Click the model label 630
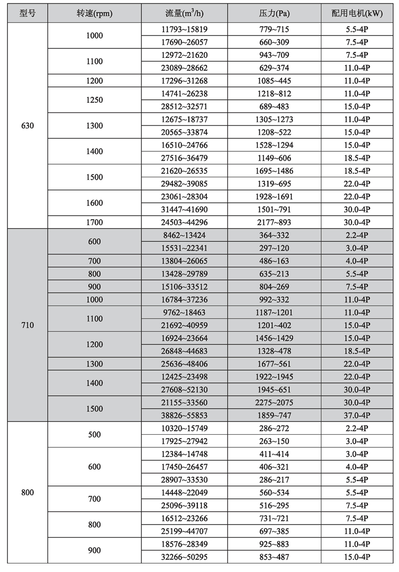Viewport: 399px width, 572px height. coord(28,126)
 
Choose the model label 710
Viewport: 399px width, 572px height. coord(28,325)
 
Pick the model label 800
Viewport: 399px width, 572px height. coord(28,493)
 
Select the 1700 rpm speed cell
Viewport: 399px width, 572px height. coord(94,223)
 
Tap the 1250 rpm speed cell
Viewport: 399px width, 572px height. coord(94,100)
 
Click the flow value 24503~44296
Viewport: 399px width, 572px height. coord(184,223)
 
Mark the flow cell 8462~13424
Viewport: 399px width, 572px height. coord(184,235)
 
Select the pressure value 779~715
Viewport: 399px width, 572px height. coord(275,29)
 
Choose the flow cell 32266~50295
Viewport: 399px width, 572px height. coord(184,557)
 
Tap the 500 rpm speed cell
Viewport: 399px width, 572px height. coord(94,435)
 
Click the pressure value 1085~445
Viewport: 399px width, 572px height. coord(275,81)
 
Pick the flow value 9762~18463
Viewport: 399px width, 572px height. coord(184,312)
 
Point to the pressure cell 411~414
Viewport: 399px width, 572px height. coord(275,454)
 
